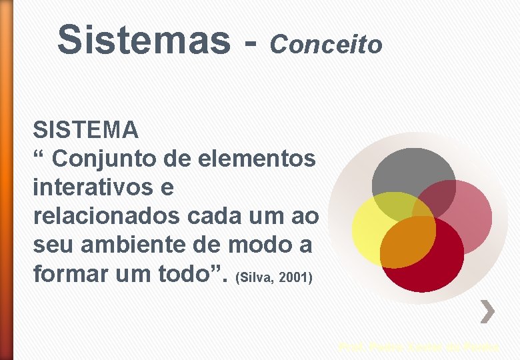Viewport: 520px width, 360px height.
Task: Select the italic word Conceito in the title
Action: coord(326,45)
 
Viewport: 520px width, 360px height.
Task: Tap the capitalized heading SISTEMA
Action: coord(85,129)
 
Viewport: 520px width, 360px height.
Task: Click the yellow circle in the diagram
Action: coord(373,227)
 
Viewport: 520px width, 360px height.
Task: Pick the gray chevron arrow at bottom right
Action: coord(489,311)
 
